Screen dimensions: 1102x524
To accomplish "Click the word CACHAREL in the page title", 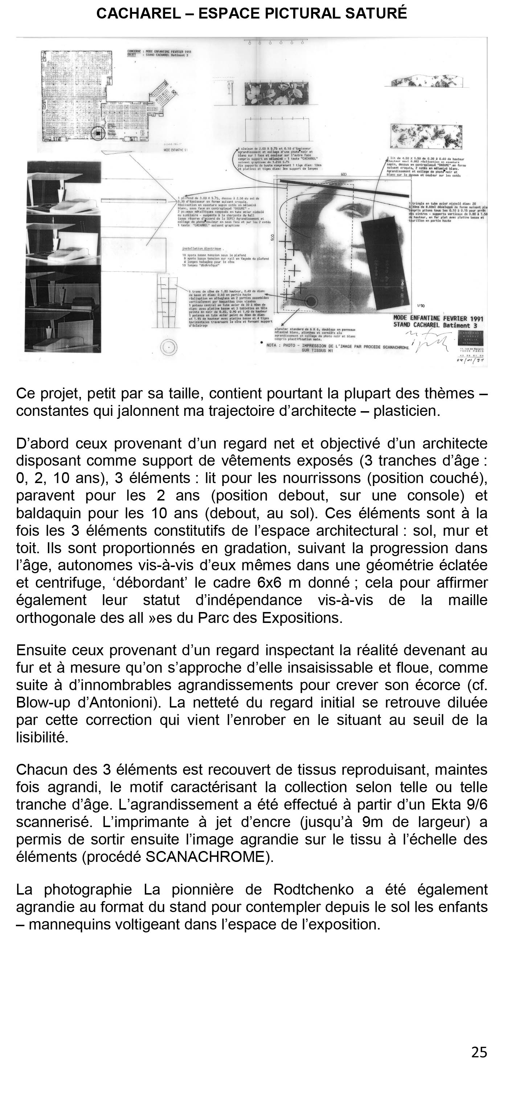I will [138, 14].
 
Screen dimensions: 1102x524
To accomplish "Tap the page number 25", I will [479, 1052].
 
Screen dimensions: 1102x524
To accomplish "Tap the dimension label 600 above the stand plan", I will [344, 175].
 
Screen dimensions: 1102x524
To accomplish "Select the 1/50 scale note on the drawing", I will [421, 306].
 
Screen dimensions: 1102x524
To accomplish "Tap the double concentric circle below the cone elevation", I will [169, 347].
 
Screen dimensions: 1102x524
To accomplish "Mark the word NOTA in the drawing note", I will [271, 345].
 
